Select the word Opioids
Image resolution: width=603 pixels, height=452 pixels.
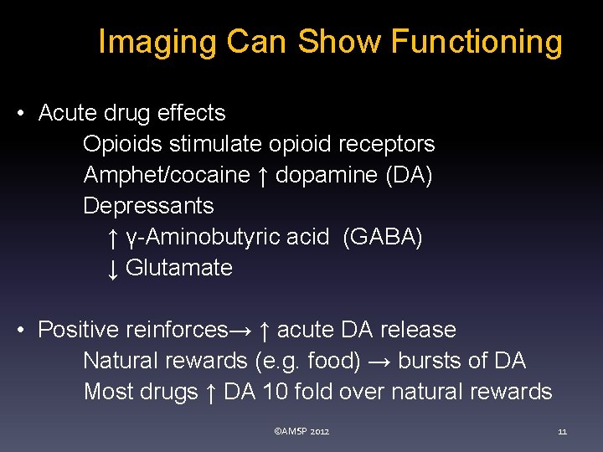click(123, 144)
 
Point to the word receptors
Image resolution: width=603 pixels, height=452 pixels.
click(387, 144)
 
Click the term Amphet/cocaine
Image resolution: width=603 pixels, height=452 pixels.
click(167, 175)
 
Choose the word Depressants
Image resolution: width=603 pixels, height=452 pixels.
click(148, 206)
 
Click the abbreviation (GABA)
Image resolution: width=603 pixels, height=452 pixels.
click(383, 237)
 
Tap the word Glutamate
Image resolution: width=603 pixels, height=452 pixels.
click(178, 268)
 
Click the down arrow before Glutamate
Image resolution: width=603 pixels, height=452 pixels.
click(113, 268)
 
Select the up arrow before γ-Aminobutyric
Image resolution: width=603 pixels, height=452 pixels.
click(113, 238)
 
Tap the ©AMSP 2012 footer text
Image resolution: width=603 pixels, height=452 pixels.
click(301, 431)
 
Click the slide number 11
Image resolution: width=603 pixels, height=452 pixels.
click(562, 431)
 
